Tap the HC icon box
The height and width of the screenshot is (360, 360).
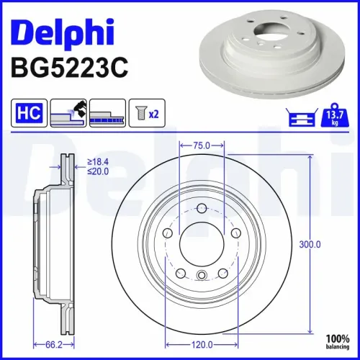(x=27, y=114)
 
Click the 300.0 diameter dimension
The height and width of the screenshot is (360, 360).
(x=310, y=245)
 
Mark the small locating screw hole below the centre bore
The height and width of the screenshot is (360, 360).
(x=202, y=274)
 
